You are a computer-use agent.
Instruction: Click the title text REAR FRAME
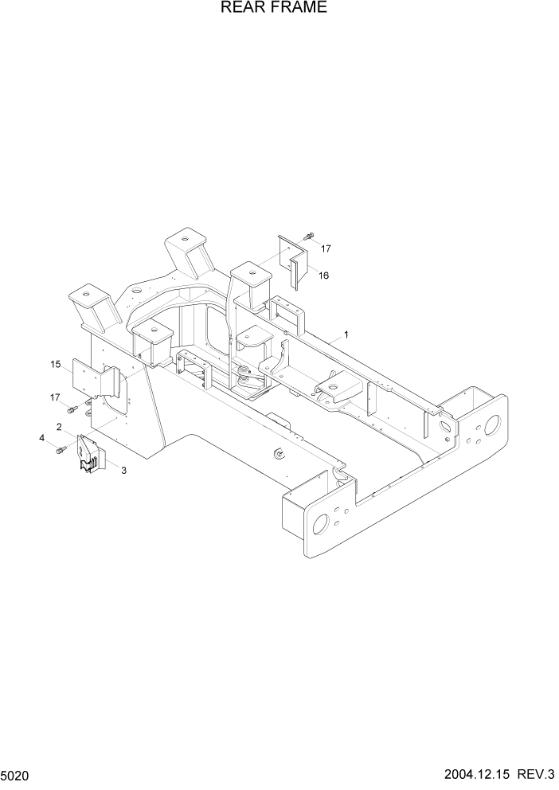tap(262, 9)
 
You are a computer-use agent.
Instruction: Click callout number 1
tap(346, 334)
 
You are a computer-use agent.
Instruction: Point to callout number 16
tap(324, 276)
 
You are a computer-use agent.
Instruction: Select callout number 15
tap(56, 365)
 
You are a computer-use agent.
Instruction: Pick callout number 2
tap(60, 427)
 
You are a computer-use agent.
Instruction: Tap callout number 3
tap(123, 471)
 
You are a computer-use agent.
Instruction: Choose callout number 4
tap(42, 437)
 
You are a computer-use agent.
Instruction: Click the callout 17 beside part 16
tap(325, 248)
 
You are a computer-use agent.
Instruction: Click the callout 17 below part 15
tap(55, 397)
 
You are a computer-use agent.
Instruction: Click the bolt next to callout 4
tap(60, 450)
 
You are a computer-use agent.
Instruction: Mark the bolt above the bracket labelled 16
tap(308, 236)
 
